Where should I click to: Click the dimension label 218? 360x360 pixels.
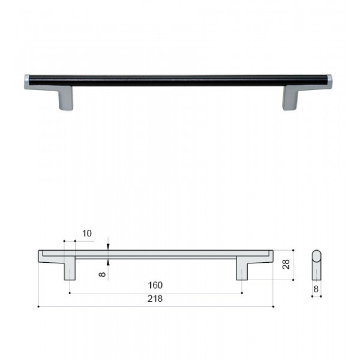tap(155, 298)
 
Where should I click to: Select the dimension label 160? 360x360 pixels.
tap(155, 285)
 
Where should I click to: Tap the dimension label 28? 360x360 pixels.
tap(286, 265)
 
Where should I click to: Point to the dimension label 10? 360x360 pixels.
tap(87, 233)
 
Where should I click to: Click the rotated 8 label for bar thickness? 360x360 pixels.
tap(102, 274)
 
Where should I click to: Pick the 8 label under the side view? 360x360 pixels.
tap(316, 289)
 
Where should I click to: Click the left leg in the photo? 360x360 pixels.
tap(65, 98)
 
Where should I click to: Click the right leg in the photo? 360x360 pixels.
tap(290, 98)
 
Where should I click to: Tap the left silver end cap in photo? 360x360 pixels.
tap(27, 82)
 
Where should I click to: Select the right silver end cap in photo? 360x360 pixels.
tap(329, 82)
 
